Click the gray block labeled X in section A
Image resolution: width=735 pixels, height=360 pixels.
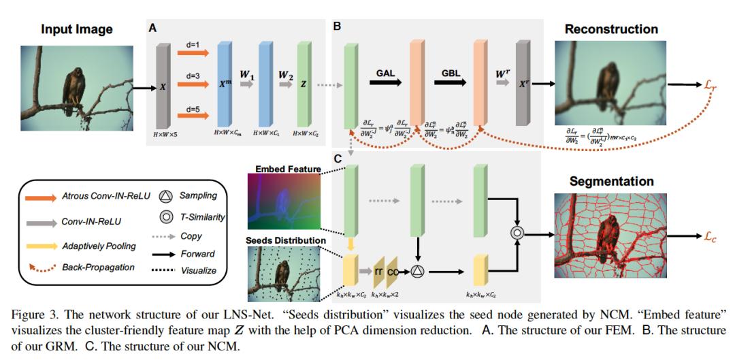pos(162,86)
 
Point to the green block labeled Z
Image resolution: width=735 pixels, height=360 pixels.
pos(301,86)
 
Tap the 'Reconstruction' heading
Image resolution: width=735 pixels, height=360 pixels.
pos(611,29)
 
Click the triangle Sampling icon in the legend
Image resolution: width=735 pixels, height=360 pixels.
pos(165,195)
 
